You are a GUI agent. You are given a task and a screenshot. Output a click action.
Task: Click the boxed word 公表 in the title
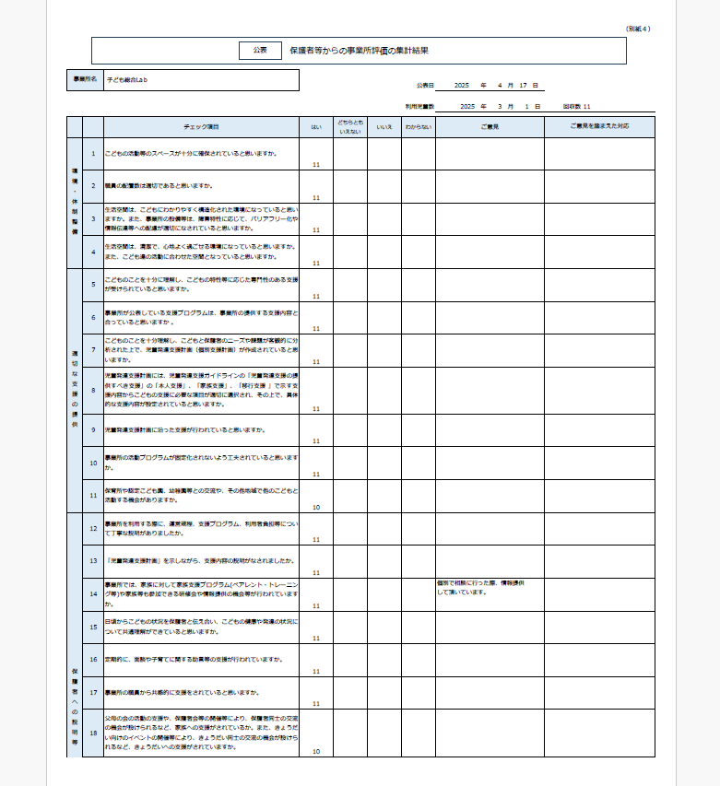259,51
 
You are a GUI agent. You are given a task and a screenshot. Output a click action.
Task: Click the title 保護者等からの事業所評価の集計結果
359,51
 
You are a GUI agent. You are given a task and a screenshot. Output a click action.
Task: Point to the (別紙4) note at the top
637,29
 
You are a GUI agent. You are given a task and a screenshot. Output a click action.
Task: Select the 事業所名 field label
85,80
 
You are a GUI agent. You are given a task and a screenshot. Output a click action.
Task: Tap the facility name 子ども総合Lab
127,80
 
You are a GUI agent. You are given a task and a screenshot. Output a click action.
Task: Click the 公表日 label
424,85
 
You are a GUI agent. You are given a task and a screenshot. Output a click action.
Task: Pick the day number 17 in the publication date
523,85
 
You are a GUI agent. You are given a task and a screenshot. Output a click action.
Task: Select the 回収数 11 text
576,107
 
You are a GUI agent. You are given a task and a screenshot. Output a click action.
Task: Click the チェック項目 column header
201,126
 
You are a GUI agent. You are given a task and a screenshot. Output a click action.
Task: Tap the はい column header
316,126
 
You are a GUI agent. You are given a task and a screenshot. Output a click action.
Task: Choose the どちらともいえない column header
350,127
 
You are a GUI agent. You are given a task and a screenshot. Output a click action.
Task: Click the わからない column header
418,126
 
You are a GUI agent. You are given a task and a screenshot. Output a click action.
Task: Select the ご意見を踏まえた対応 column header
599,126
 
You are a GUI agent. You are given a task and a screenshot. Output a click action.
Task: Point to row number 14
93,594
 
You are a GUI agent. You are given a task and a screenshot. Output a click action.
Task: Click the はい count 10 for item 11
316,507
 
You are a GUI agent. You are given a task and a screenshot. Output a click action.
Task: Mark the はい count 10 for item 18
316,752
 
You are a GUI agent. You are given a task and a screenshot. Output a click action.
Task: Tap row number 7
93,350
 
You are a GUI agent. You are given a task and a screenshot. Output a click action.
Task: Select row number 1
93,154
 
